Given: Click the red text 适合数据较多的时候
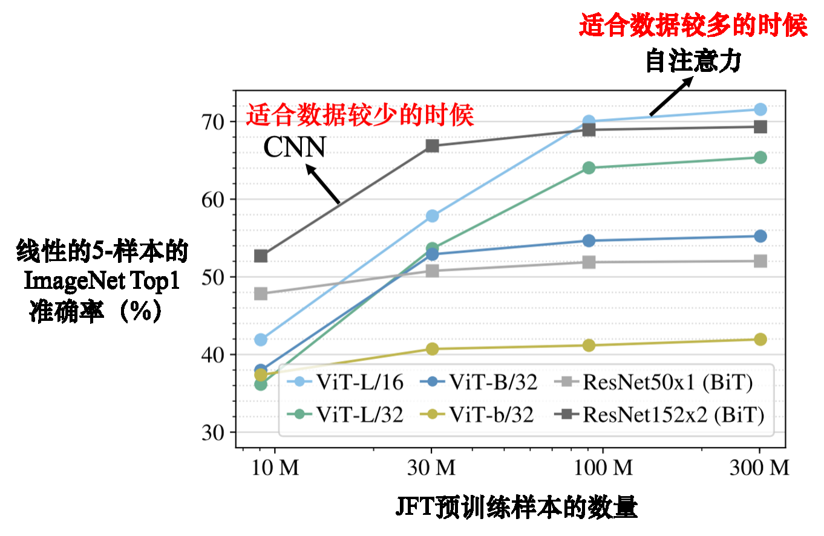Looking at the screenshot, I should pos(693,26).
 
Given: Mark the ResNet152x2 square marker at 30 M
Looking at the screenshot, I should pos(432,146).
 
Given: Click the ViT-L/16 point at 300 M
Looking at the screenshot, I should pos(760,109).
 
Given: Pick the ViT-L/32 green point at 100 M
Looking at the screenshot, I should pos(588,167).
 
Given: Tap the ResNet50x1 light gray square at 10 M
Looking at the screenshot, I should pos(261,294).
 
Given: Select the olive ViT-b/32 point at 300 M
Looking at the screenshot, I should pos(760,339).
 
